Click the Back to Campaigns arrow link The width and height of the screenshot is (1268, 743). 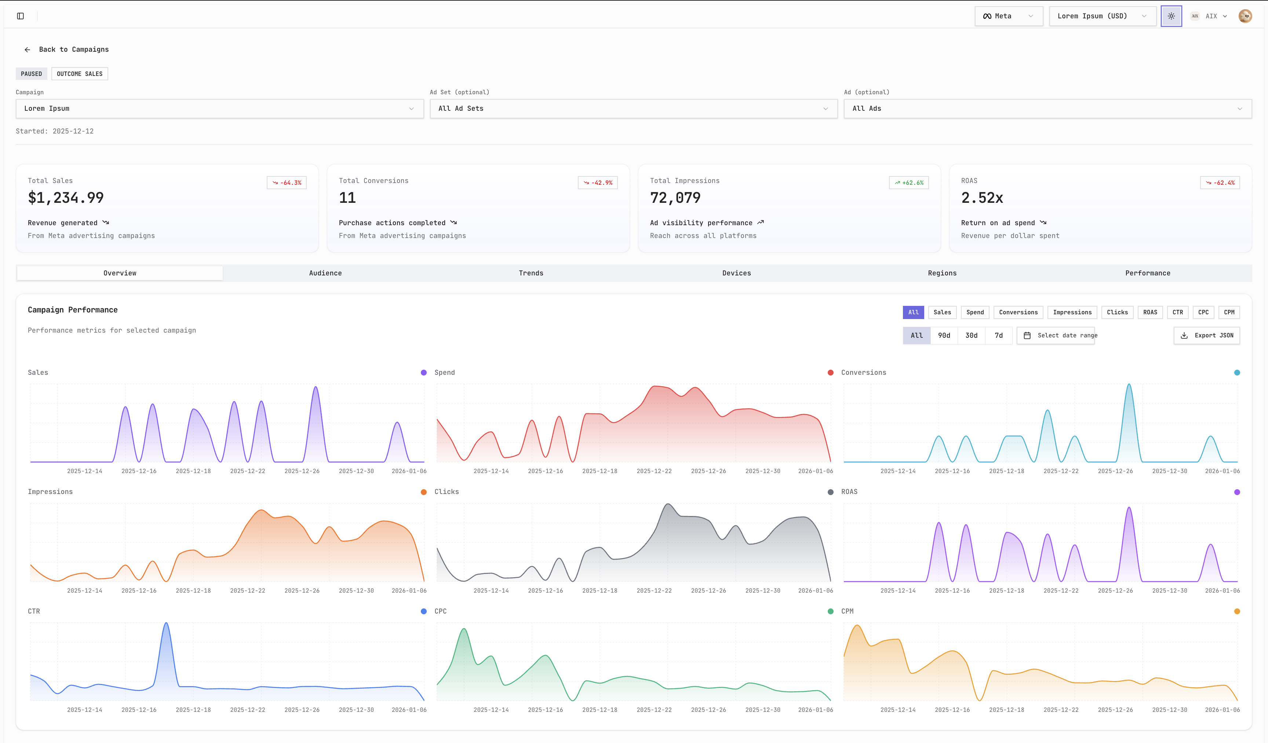[66, 49]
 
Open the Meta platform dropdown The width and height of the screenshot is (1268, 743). [1008, 16]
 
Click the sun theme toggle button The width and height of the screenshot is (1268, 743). [1171, 16]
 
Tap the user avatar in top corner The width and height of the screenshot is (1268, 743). [1245, 16]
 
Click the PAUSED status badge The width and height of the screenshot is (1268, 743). [31, 74]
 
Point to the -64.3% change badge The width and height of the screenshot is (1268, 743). [287, 183]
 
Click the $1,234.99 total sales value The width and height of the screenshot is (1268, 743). [66, 198]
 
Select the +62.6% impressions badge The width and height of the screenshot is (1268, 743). [909, 183]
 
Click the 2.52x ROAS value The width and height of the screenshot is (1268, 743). [982, 198]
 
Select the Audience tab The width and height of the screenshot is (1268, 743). [325, 273]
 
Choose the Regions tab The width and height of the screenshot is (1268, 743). [942, 273]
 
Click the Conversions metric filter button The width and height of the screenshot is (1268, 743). [1018, 312]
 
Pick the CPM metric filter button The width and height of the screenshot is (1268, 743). [1229, 312]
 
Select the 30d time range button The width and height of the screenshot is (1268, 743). [971, 336]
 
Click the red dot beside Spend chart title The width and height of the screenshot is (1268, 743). [830, 373]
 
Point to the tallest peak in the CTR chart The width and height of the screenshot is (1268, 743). [166, 624]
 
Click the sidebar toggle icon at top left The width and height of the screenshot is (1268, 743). [21, 16]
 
